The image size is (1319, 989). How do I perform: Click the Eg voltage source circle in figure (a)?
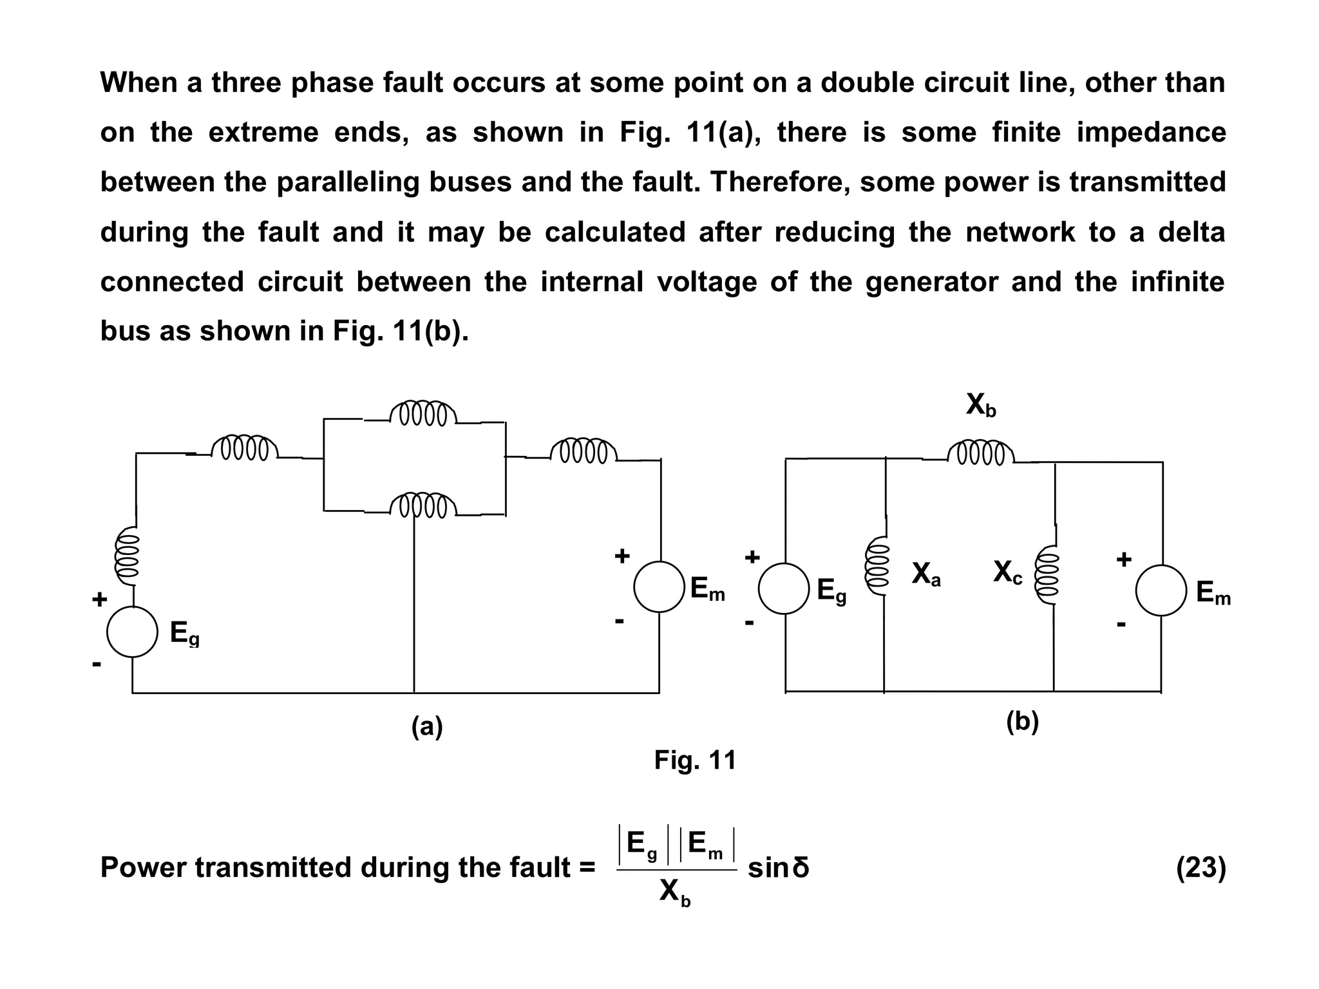coord(132,632)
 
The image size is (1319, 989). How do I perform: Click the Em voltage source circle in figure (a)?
coord(659,587)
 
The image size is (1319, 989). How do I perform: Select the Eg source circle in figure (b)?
coord(784,589)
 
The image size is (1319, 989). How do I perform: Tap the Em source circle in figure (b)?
coord(1161,590)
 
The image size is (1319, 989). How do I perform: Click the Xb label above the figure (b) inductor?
coord(981,406)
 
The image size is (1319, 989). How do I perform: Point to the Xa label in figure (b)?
coord(926,574)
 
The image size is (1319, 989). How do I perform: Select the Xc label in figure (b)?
coord(1008,572)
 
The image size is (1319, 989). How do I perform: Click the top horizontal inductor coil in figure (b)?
coord(981,453)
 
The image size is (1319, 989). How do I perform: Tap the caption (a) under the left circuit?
coord(427,727)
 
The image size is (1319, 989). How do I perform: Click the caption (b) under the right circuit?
coord(1022,722)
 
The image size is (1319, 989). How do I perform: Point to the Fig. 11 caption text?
coord(695,760)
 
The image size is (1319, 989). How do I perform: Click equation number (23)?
coord(1200,868)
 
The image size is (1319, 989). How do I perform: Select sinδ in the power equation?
coord(778,868)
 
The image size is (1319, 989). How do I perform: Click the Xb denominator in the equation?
coord(674,892)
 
